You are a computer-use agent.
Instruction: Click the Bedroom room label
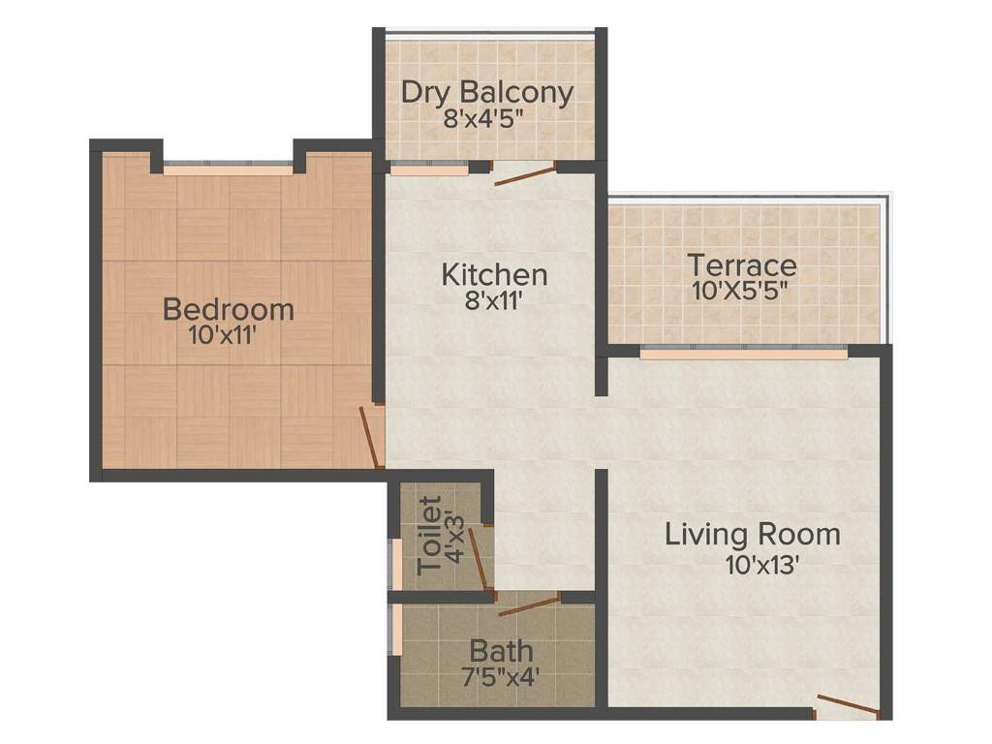tap(229, 310)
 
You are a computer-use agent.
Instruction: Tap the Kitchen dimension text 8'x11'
tap(494, 301)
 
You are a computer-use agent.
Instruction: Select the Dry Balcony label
tap(487, 93)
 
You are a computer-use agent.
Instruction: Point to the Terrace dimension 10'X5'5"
tap(742, 290)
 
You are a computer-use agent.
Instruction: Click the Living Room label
tap(752, 534)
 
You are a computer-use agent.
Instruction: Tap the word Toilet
tap(429, 535)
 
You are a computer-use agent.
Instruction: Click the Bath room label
tap(500, 649)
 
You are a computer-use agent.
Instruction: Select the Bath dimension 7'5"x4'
tap(500, 675)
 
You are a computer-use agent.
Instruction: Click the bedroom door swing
tap(369, 437)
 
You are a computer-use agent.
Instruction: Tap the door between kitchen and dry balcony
tap(525, 175)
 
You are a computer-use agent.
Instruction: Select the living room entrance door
tap(848, 706)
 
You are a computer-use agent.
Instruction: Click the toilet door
tap(480, 559)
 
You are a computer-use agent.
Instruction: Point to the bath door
tap(529, 605)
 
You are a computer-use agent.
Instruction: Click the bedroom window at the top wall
tap(228, 170)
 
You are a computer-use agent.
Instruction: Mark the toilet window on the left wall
tap(396, 563)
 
